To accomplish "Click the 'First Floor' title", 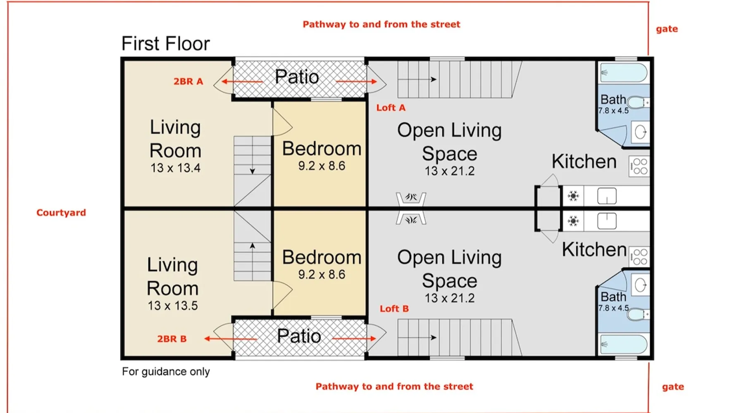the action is coord(165,43).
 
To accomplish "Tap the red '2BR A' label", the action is coord(188,81).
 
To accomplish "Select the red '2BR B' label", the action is coord(172,339).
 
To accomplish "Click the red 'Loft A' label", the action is coord(391,108).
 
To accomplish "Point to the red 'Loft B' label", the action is coord(394,309).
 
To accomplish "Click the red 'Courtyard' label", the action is coord(61,213).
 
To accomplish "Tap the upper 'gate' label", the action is coord(667,29).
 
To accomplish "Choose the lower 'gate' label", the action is coord(673,387).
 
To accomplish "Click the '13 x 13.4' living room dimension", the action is coord(175,168).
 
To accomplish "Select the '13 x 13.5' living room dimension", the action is coord(173,306).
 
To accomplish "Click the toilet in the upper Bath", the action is coord(638,102).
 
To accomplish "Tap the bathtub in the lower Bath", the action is coord(624,344).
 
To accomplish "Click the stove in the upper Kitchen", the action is coord(639,166).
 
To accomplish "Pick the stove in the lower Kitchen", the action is coord(639,256).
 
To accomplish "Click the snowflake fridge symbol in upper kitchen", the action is coord(573,196).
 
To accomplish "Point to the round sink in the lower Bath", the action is coord(640,285).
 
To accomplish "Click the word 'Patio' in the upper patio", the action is coord(297,77).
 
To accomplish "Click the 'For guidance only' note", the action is coord(166,372).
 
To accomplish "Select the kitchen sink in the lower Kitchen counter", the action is coord(607,221).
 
